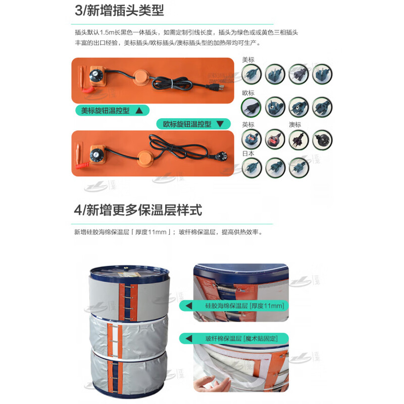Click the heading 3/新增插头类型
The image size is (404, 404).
[119, 11]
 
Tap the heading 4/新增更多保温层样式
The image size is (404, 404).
[138, 210]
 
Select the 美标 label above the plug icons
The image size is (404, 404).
[248, 60]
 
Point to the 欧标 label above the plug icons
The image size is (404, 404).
[248, 93]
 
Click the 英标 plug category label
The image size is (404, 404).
[248, 125]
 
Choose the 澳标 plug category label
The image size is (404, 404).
[295, 125]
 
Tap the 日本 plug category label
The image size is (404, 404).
[248, 154]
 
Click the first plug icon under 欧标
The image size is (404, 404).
[251, 107]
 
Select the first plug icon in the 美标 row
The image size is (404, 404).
[251, 74]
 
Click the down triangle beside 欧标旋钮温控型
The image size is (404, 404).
[220, 124]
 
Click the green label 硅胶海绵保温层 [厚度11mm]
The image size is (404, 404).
[244, 306]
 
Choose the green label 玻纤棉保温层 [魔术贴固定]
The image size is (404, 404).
[244, 338]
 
